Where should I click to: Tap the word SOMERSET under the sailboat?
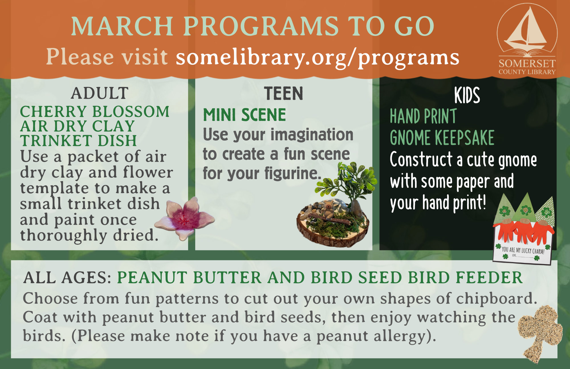point(527,63)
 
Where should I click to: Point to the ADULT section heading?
point(100,93)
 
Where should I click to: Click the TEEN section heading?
point(284,94)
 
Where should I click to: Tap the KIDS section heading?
point(467,95)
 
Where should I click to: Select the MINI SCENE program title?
point(244,115)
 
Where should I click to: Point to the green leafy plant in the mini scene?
point(349,183)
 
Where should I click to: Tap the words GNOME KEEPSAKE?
point(442,138)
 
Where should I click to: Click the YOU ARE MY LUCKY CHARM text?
point(523,250)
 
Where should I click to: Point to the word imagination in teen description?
point(312,135)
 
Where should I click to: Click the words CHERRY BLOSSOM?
point(95,111)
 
